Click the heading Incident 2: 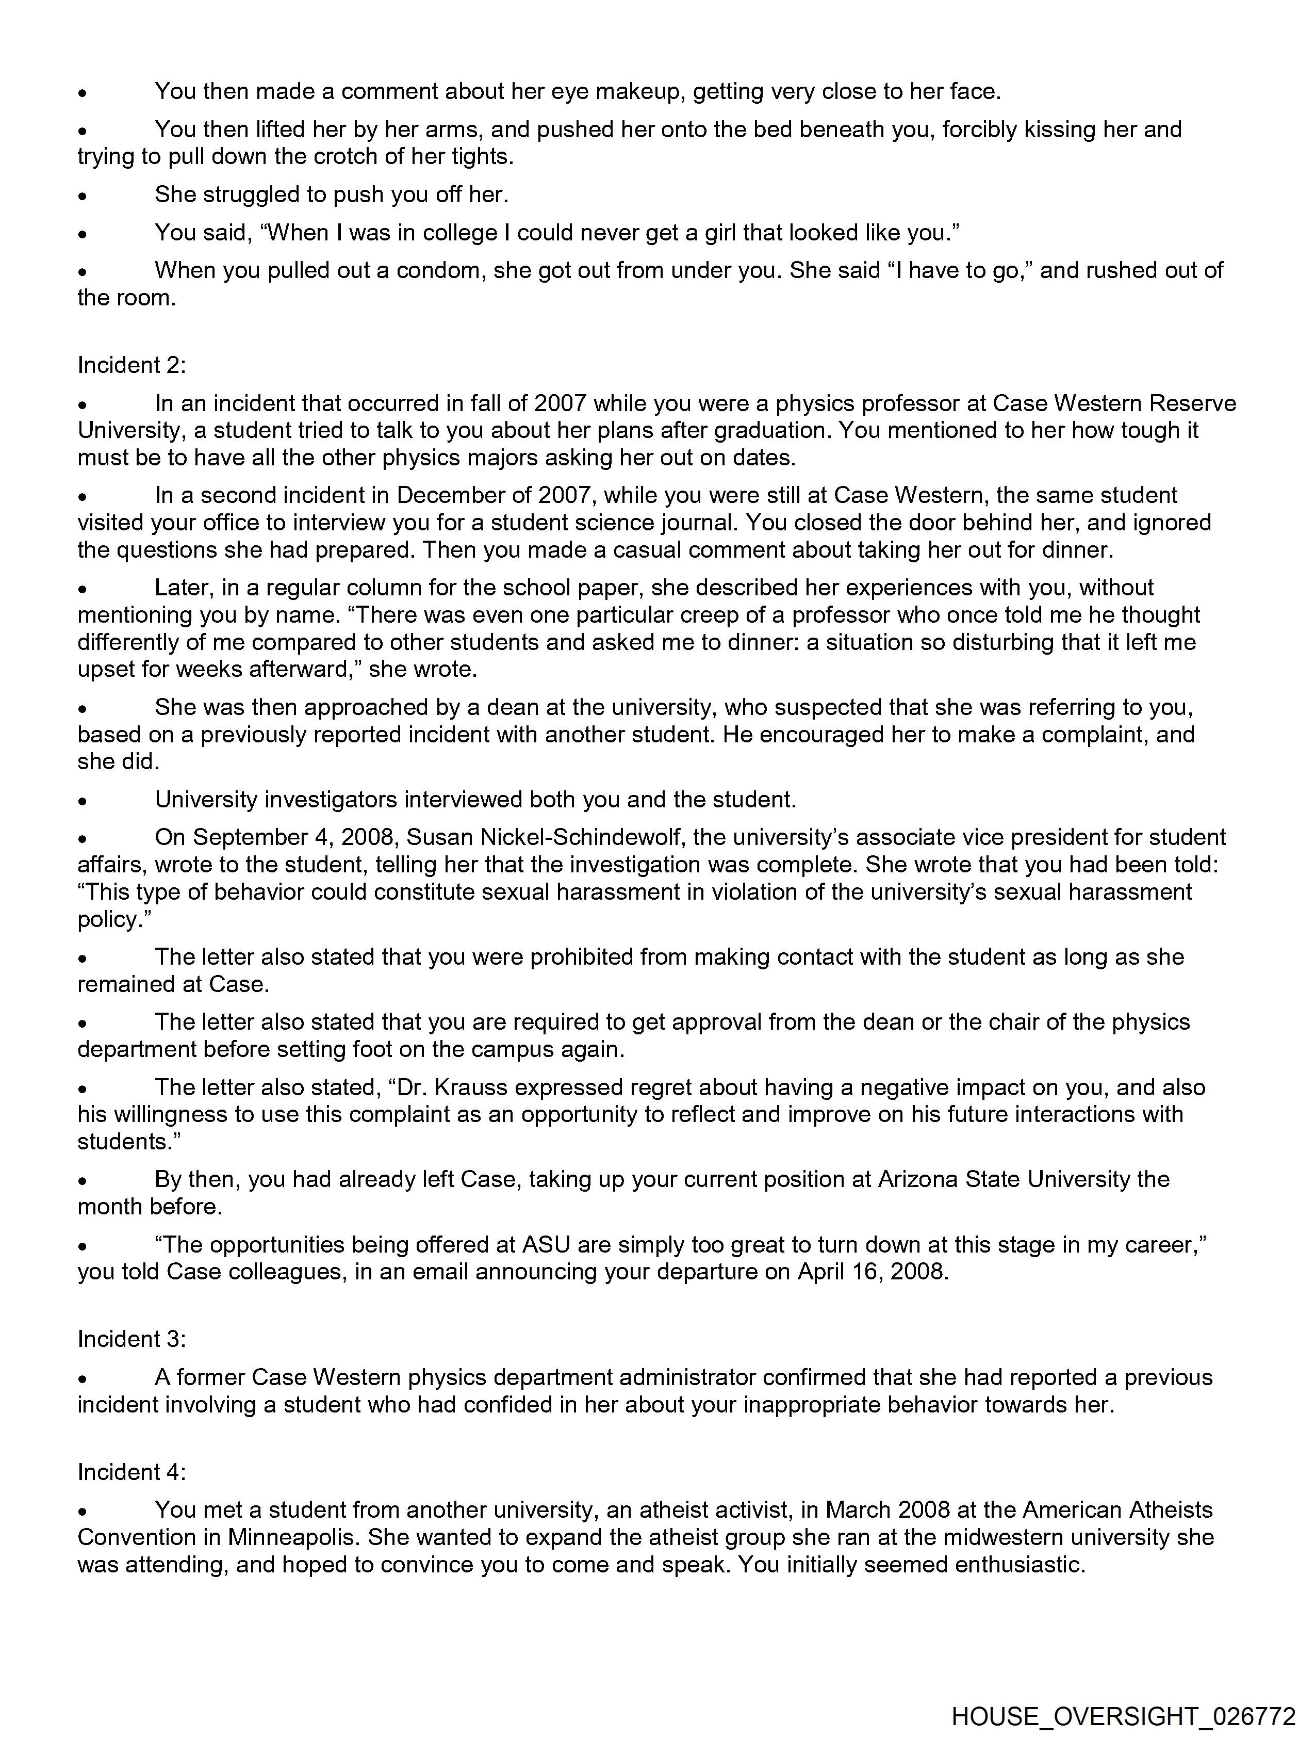pos(131,365)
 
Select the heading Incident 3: pos(131,1339)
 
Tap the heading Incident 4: pos(131,1472)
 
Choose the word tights pos(482,156)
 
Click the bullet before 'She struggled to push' pos(83,195)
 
